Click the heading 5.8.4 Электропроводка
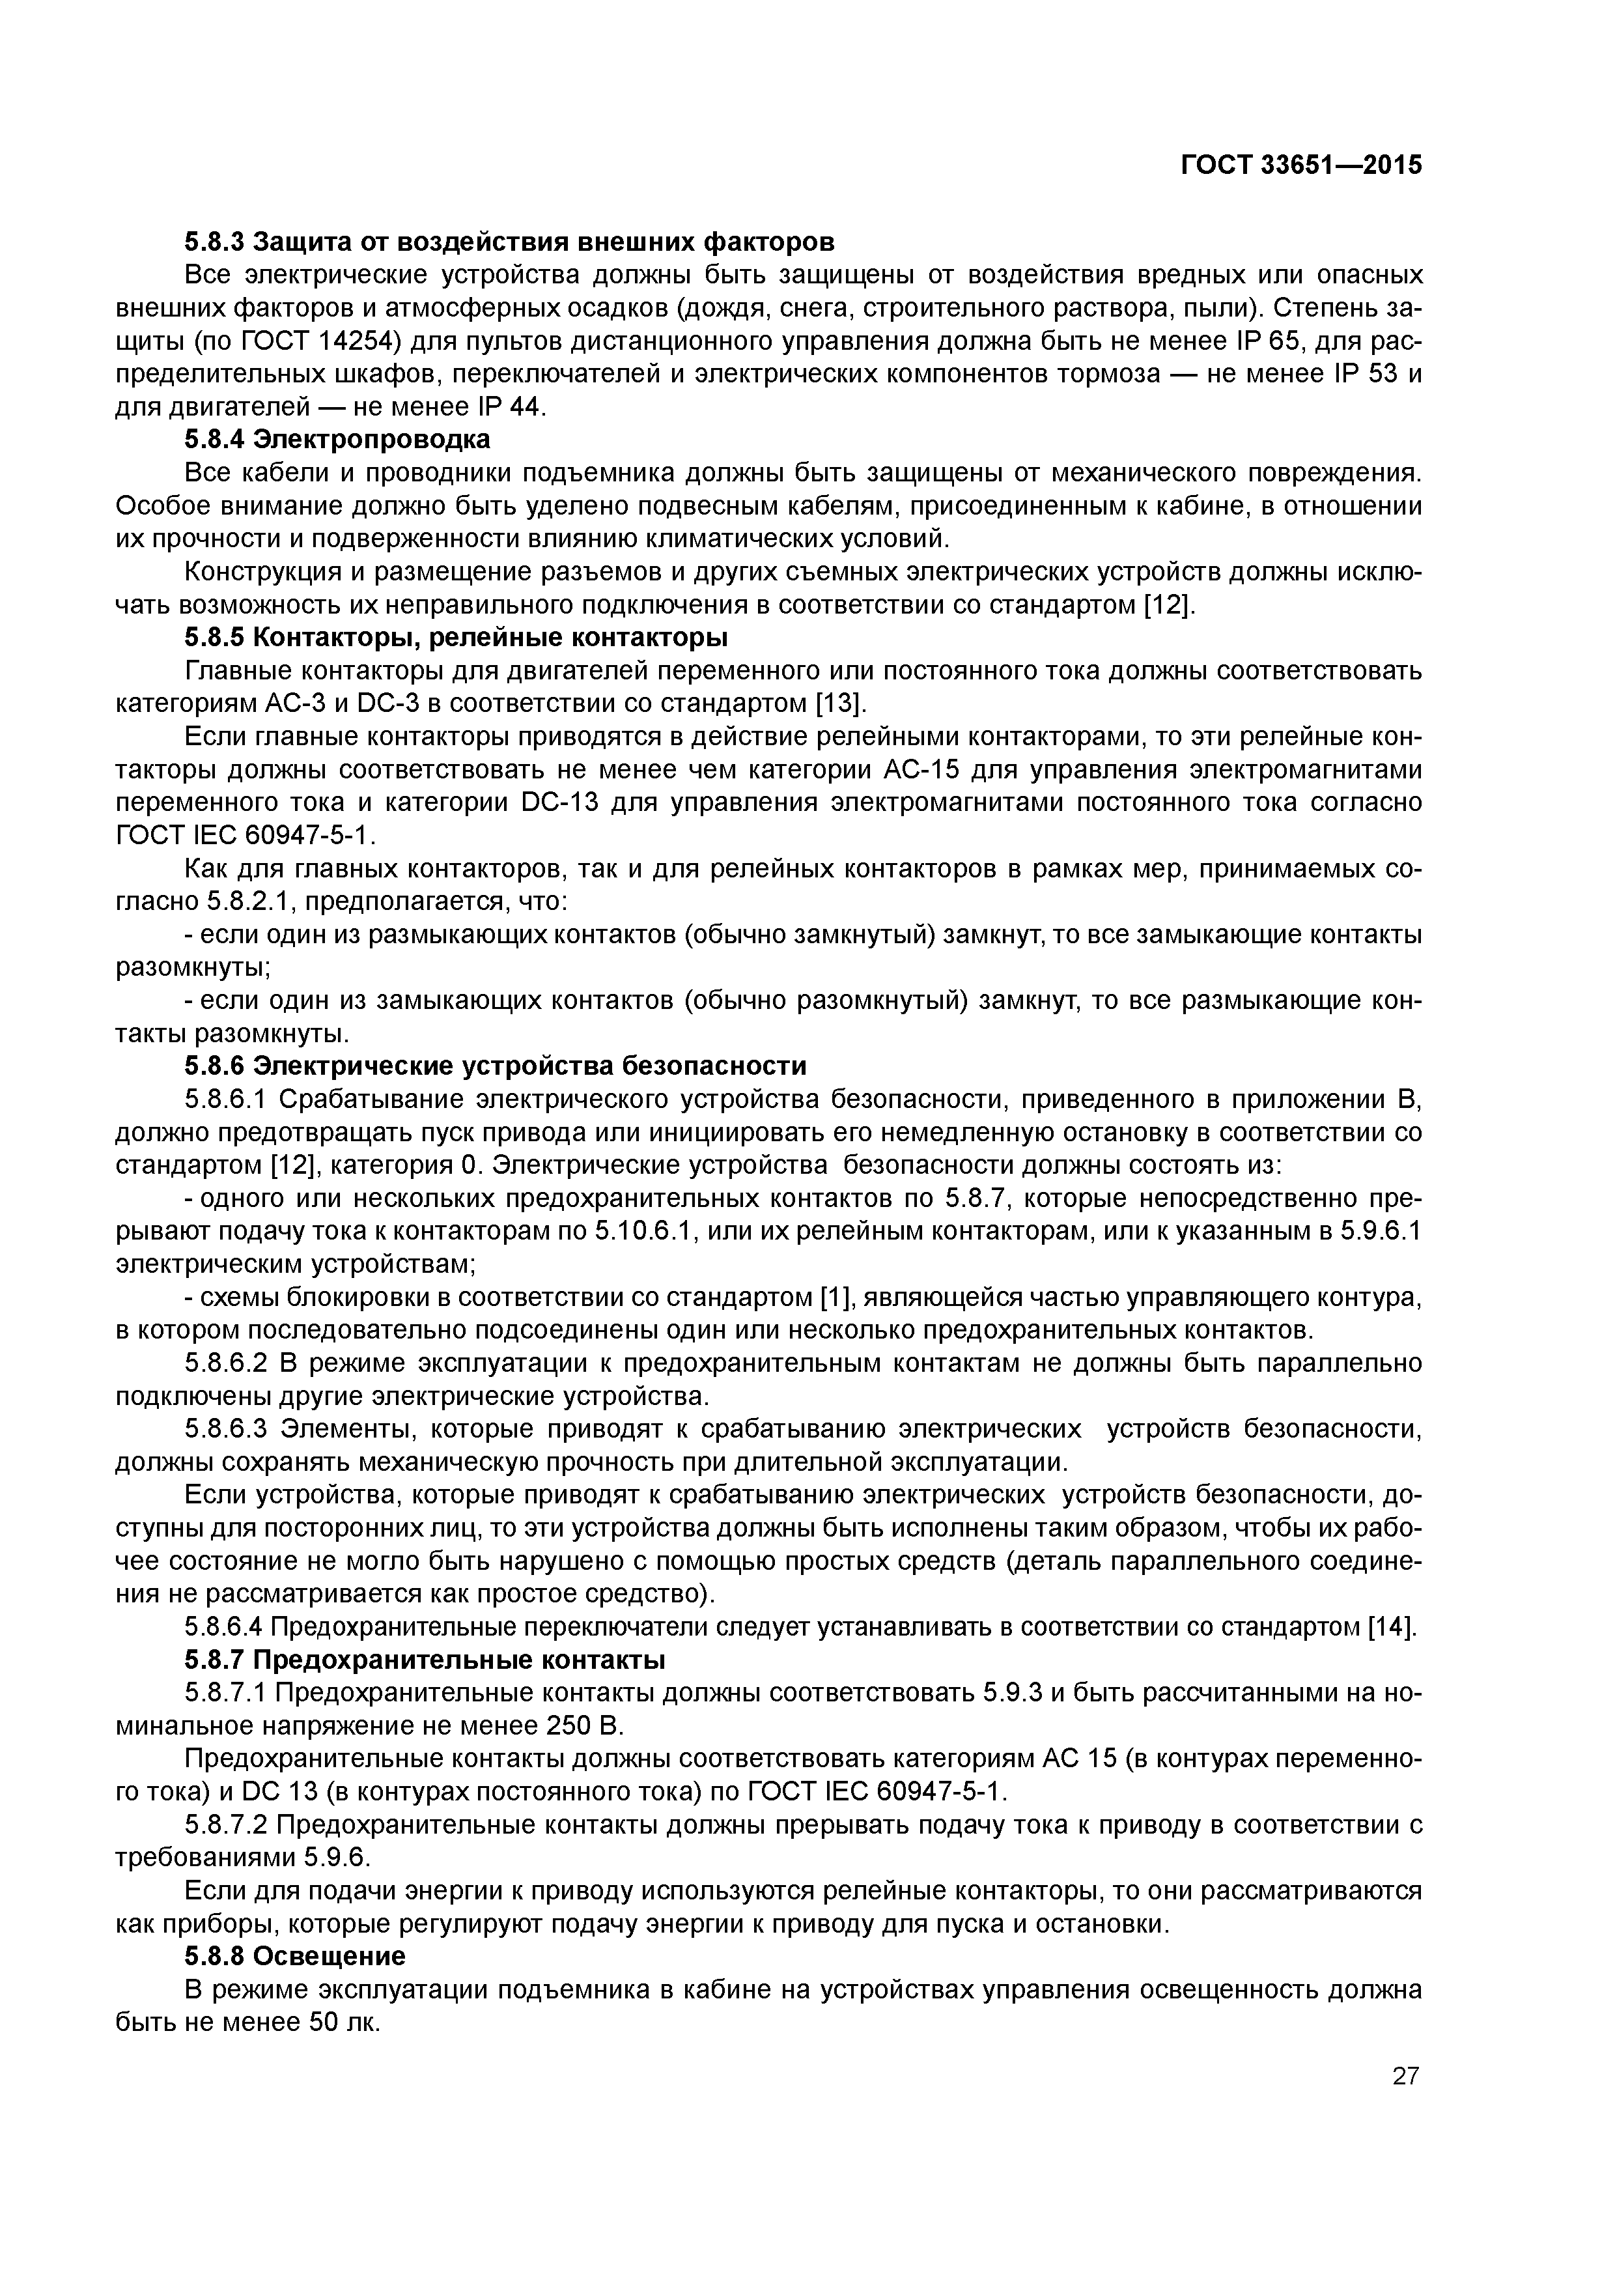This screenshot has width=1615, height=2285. pyautogui.click(x=337, y=439)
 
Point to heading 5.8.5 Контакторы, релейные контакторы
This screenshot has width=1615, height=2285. pyautogui.click(x=456, y=637)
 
